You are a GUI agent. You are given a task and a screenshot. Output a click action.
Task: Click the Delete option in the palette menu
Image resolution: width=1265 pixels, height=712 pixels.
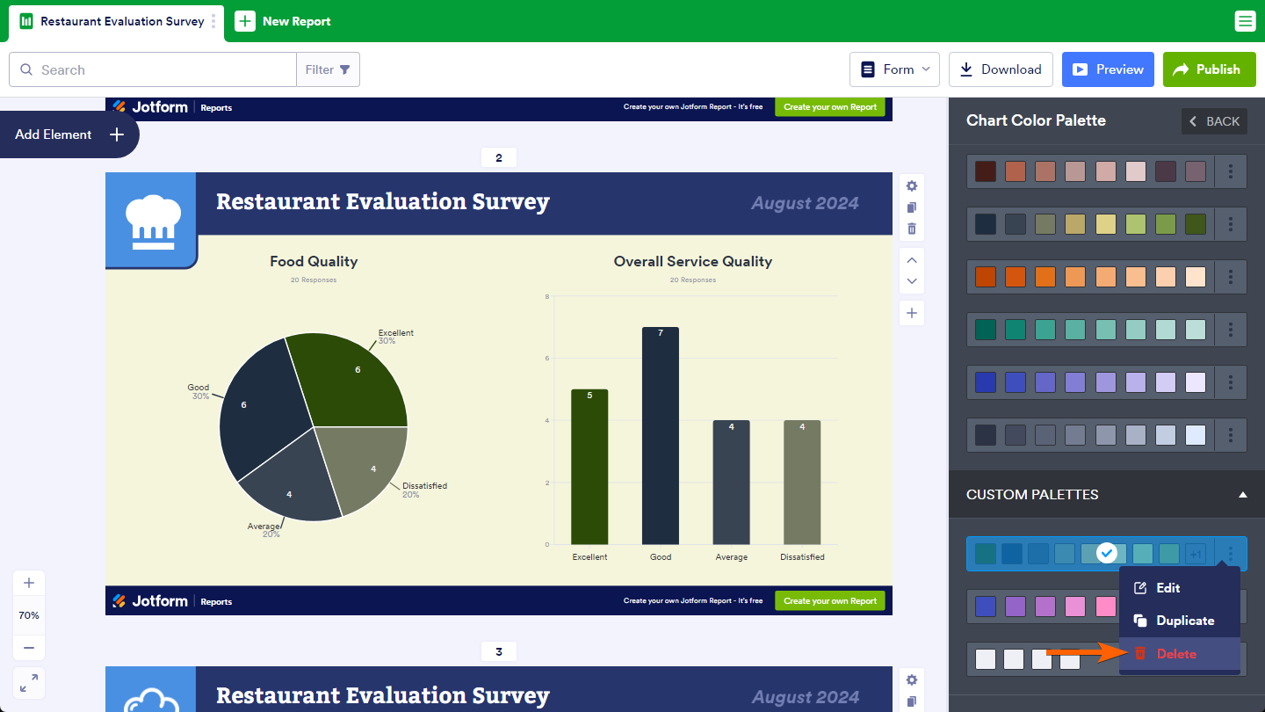pos(1175,654)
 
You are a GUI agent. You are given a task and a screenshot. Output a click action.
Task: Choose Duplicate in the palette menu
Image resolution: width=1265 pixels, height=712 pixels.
pos(1184,621)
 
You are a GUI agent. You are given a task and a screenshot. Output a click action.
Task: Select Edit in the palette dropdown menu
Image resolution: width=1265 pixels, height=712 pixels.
pos(1167,588)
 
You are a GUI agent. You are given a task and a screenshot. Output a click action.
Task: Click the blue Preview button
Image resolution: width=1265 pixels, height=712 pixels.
pos(1108,69)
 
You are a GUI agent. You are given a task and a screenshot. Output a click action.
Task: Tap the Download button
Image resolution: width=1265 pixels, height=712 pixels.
pos(1001,69)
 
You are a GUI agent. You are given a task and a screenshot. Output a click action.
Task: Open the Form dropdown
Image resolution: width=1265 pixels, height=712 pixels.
pos(894,69)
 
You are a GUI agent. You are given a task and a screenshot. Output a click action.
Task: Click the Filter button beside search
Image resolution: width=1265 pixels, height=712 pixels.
pos(328,69)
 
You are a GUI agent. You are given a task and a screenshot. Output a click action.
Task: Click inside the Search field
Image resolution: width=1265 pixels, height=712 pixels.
pos(158,69)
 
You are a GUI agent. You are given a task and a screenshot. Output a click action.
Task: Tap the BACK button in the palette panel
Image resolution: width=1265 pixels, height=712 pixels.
pos(1214,121)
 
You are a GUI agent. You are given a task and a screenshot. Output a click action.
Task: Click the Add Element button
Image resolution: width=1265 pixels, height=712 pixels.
pos(69,134)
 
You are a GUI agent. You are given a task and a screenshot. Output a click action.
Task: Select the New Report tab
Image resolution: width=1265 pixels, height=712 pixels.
pos(283,21)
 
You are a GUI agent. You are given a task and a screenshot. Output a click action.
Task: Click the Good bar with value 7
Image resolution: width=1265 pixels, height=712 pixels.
pos(661,435)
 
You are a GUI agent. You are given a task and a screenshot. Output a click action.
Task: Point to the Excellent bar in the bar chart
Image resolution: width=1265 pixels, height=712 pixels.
pos(589,466)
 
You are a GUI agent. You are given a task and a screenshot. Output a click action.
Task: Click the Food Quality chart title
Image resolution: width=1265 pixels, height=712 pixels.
pos(314,261)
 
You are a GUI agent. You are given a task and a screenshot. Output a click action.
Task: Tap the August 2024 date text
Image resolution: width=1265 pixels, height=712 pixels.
pos(805,203)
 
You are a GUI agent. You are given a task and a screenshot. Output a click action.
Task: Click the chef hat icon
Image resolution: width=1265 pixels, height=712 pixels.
pos(152,220)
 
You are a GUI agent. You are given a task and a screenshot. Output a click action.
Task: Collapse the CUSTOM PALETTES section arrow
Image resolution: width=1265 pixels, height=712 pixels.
pos(1242,495)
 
